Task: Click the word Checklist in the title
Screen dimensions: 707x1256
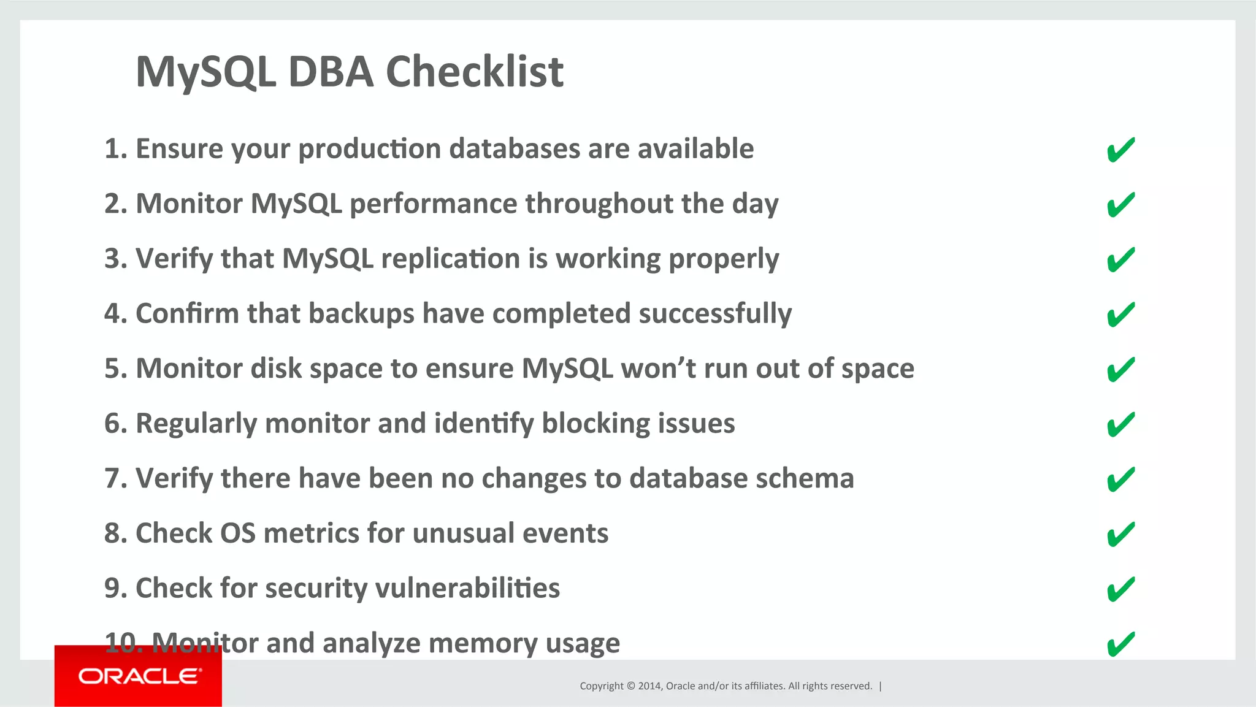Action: pos(474,72)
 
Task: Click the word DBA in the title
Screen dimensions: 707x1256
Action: pos(331,72)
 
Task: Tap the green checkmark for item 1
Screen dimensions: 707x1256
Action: pos(1121,150)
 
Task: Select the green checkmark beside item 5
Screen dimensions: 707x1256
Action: pos(1121,369)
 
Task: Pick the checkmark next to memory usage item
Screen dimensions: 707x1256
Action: pos(1121,644)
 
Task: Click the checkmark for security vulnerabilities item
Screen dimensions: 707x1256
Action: pos(1121,589)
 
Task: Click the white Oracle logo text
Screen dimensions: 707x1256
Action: pos(139,676)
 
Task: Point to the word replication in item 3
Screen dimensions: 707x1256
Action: pos(450,259)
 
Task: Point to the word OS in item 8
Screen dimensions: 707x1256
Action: pos(237,533)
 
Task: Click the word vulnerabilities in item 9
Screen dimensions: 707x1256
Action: pos(467,588)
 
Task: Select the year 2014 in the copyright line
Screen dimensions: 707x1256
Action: pos(649,686)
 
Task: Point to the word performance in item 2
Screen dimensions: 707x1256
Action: pos(433,204)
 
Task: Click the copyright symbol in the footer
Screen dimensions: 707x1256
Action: pos(630,686)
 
